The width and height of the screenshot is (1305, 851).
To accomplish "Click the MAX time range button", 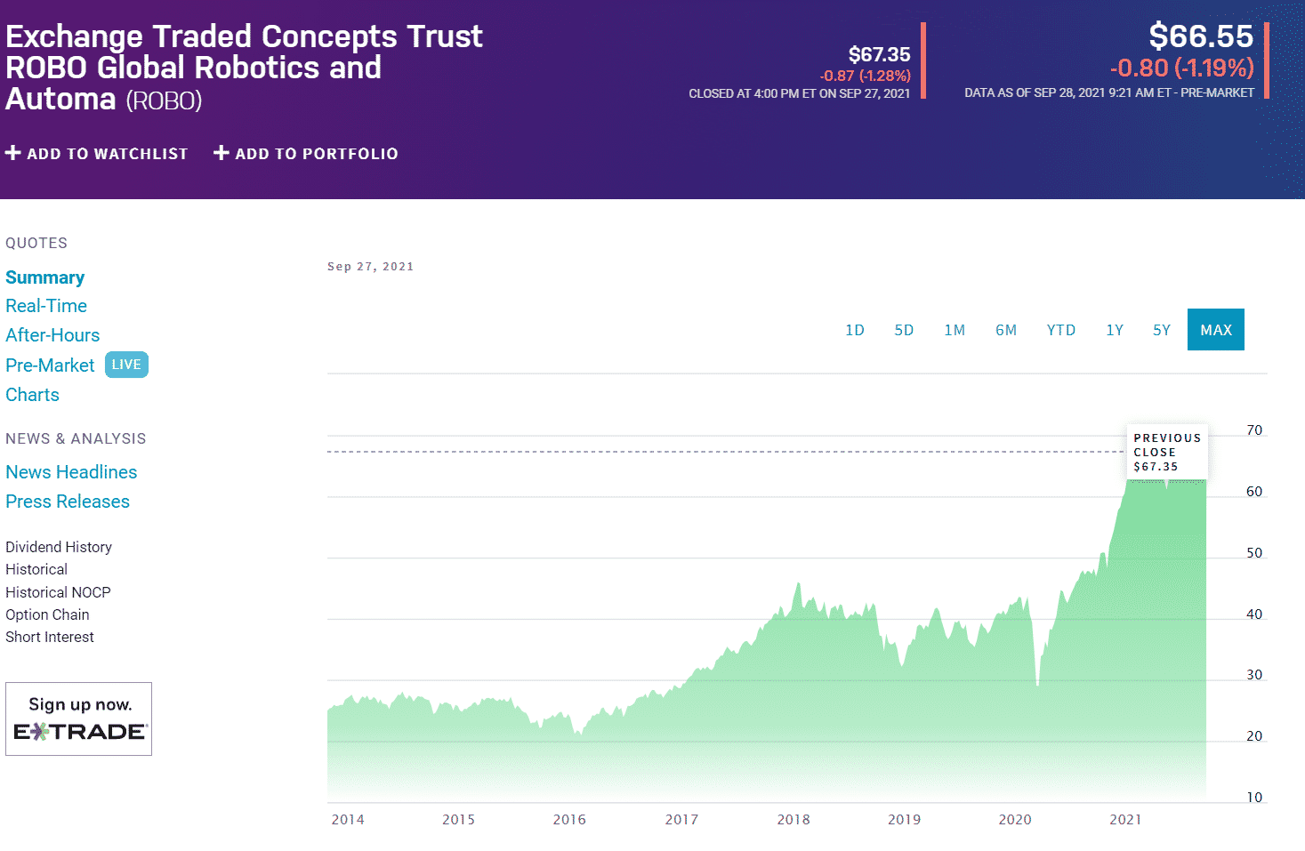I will [x=1215, y=330].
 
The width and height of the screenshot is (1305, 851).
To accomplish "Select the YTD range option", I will [x=1060, y=330].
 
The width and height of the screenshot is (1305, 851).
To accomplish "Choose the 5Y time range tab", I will [x=1161, y=330].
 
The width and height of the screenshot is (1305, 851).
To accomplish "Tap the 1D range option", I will [x=854, y=330].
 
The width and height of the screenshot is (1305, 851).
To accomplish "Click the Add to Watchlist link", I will [x=97, y=154].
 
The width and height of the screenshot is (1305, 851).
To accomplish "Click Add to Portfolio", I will [x=306, y=154].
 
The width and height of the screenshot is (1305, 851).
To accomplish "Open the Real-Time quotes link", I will [x=46, y=306].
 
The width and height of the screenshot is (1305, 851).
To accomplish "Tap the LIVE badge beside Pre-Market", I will [x=126, y=365].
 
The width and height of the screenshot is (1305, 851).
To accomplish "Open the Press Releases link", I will [x=68, y=502].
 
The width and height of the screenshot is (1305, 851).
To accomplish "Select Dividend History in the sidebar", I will [x=59, y=547].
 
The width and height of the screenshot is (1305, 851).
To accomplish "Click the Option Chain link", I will [x=47, y=614].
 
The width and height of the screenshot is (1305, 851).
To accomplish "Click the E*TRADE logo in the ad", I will [x=79, y=732].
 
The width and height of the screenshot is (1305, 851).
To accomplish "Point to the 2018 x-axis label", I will [x=793, y=820].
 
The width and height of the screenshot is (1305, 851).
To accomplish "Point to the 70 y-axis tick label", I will [x=1253, y=430].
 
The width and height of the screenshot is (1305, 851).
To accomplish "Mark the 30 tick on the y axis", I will [x=1253, y=675].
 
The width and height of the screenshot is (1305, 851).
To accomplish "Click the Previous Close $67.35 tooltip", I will [x=1166, y=452].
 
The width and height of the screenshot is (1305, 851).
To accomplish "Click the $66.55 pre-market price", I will [x=1200, y=36].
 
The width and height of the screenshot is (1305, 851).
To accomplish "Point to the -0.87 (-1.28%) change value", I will [x=865, y=76].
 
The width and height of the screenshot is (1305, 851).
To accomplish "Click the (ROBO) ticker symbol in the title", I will [x=164, y=100].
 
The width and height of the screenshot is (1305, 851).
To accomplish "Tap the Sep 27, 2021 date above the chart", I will [x=370, y=267].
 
